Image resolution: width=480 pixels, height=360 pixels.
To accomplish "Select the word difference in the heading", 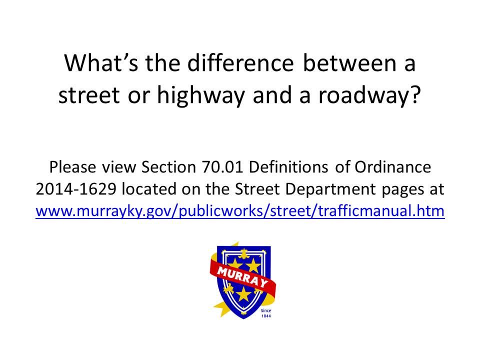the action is [x=240, y=63].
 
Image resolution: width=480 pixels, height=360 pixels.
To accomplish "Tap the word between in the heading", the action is [x=349, y=63].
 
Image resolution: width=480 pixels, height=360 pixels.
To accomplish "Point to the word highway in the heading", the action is [x=201, y=95].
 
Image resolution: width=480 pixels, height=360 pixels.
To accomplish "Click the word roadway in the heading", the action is [x=364, y=95].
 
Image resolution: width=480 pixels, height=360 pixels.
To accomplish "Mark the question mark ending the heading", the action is [x=415, y=94].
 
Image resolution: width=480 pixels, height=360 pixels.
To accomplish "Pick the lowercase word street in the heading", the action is [x=89, y=95].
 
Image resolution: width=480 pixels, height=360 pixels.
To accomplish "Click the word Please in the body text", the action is [x=73, y=167].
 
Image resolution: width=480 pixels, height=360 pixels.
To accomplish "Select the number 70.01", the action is [x=222, y=167].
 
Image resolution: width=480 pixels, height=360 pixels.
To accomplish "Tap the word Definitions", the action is [x=288, y=167].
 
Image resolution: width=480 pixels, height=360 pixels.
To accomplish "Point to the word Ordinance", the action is [x=393, y=167].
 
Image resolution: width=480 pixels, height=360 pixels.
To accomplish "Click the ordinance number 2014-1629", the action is [x=76, y=189].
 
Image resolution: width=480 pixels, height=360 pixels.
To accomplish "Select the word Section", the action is [x=168, y=167].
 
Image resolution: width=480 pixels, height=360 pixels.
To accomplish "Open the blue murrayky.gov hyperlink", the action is [x=240, y=211].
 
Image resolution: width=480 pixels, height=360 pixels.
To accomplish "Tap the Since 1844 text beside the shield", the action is [x=265, y=313].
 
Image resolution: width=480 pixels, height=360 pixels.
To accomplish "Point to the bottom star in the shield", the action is [x=243, y=294].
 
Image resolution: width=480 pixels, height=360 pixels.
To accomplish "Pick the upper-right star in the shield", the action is [x=254, y=264].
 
